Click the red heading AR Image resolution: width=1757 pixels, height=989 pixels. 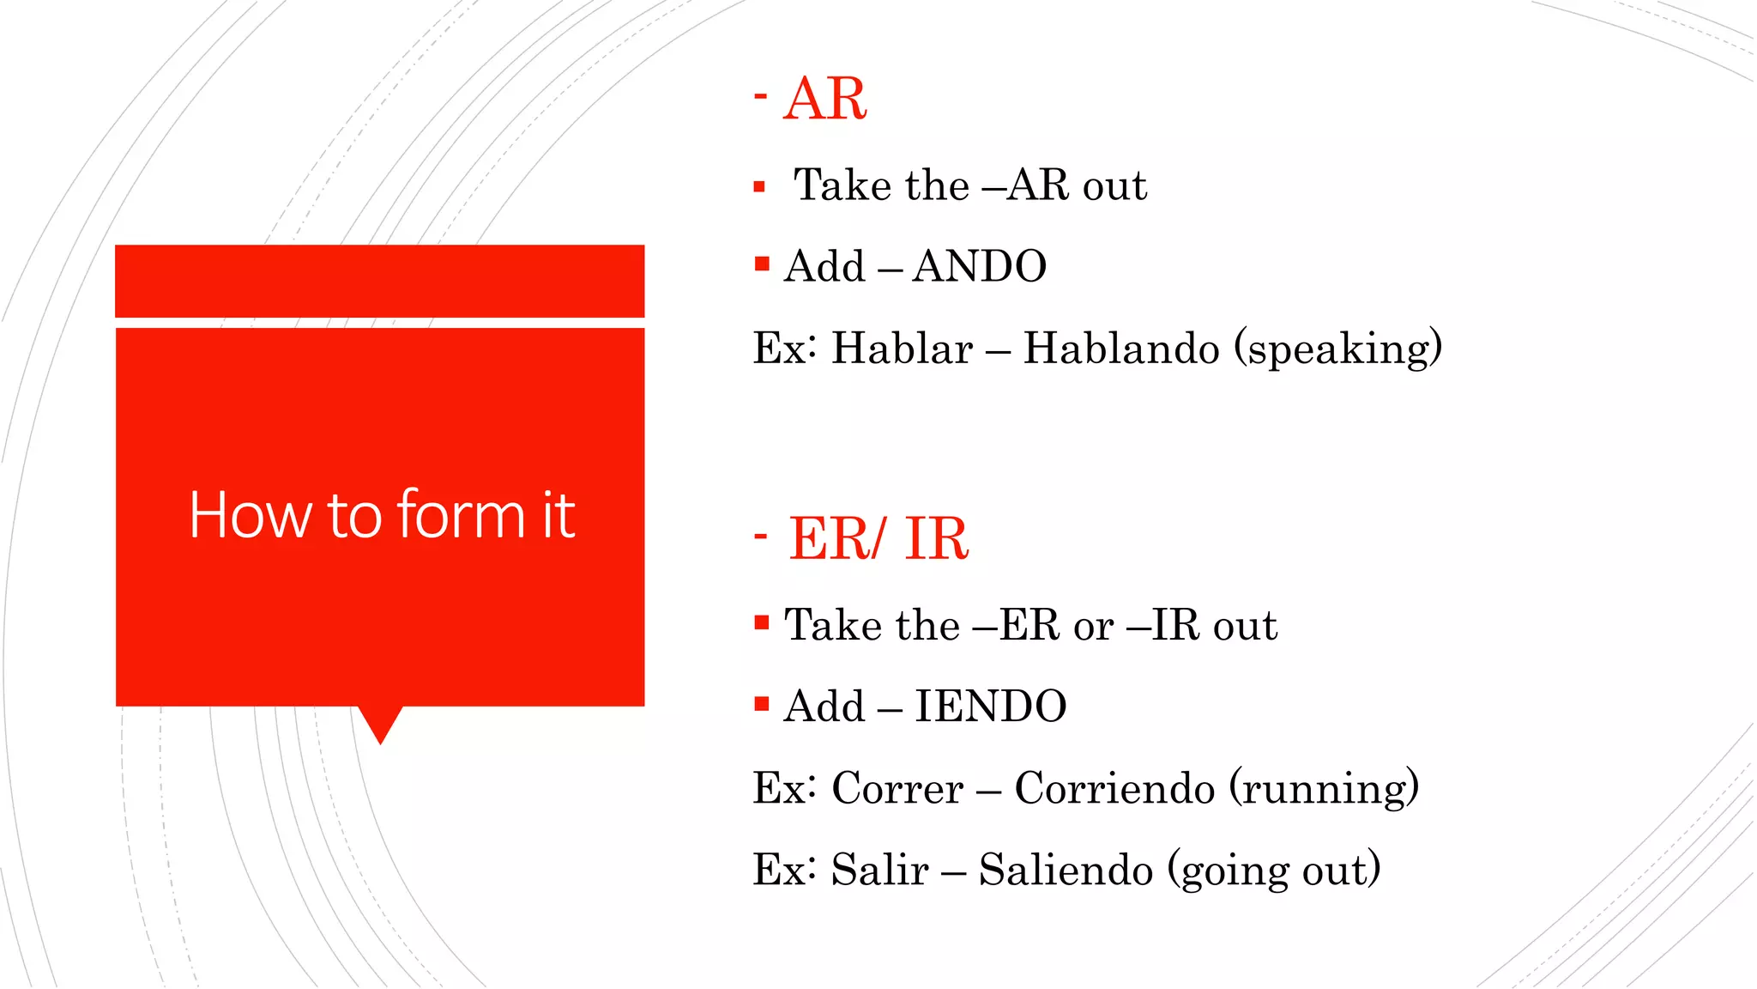(x=824, y=100)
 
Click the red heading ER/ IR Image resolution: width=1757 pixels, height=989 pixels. (x=878, y=540)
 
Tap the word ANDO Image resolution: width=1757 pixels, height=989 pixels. (x=979, y=267)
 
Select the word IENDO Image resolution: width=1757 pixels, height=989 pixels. (x=990, y=707)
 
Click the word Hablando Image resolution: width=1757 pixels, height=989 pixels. (x=1120, y=349)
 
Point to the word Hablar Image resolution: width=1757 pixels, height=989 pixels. (x=902, y=349)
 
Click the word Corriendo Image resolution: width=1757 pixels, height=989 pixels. (x=1114, y=789)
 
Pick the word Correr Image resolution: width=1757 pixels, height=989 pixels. (x=897, y=789)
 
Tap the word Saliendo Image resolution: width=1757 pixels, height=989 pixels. (x=1066, y=871)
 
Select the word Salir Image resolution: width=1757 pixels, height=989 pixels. (x=879, y=871)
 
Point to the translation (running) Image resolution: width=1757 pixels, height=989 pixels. (x=1324, y=789)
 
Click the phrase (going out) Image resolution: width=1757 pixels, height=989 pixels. (x=1274, y=871)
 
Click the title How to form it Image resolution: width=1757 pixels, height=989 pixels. (x=381, y=516)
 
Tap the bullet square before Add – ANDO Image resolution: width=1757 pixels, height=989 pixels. (x=762, y=264)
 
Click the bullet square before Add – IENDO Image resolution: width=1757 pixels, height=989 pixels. (x=762, y=704)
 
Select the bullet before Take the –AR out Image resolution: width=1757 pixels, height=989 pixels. (x=758, y=186)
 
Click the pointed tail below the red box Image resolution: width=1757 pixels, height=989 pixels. (x=380, y=723)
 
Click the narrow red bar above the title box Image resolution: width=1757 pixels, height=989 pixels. (x=379, y=281)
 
